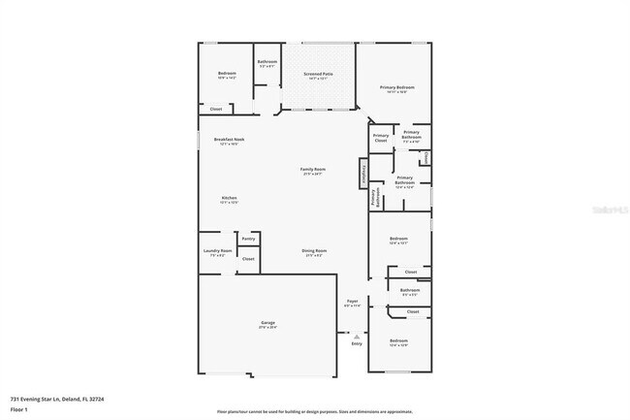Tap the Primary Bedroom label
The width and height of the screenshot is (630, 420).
pos(396,87)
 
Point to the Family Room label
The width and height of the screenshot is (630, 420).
pos(312,170)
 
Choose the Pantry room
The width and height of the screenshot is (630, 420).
pos(248,238)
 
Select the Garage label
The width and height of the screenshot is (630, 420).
pos(268,323)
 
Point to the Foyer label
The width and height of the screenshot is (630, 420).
pos(353,302)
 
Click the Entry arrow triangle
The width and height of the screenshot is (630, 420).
pos(356,336)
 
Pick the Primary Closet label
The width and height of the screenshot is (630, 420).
pos(381,138)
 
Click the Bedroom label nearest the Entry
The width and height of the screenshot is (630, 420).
pos(398,341)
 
